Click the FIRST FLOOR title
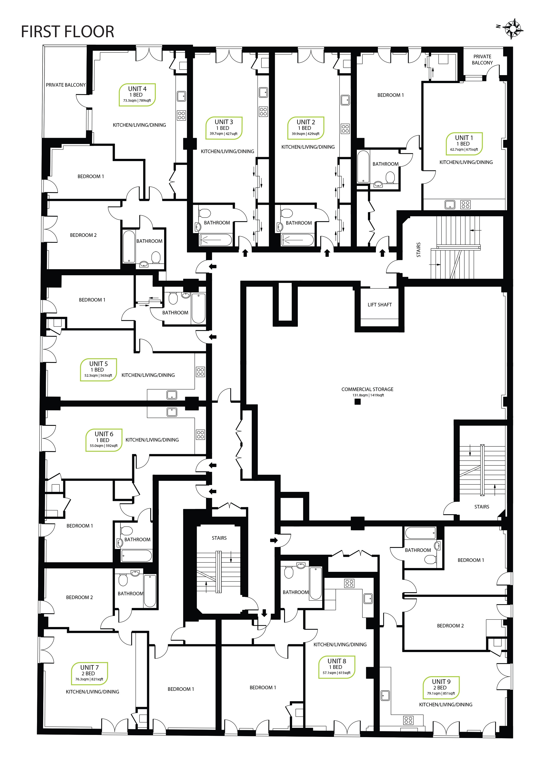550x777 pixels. point(67,31)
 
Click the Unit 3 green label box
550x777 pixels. point(224,128)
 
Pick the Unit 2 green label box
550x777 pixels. point(306,128)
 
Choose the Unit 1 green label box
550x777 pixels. point(464,144)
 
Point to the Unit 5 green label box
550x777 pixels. point(98,370)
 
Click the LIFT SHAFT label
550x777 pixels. point(380,305)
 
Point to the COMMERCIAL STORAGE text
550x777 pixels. point(367,389)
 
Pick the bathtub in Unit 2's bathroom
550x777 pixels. point(297,240)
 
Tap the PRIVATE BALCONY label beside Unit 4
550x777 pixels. point(66,85)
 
